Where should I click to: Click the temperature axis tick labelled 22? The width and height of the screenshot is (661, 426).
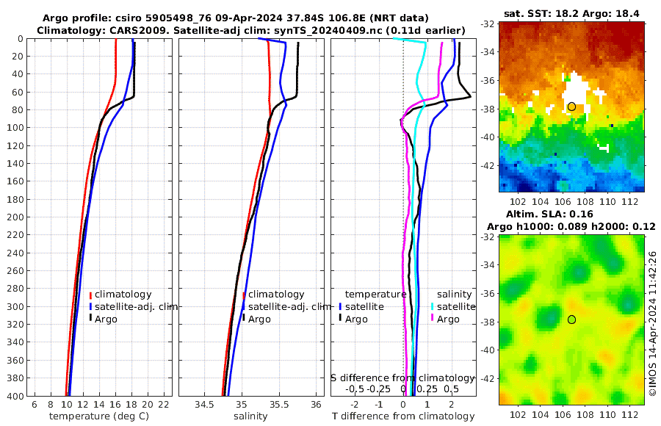(164, 405)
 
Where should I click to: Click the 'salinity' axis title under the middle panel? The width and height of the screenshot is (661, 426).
(250, 416)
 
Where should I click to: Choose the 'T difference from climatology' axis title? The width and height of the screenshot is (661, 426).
(402, 416)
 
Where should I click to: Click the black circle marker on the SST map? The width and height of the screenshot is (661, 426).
(571, 106)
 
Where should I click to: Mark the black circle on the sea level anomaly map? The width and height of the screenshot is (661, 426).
(571, 319)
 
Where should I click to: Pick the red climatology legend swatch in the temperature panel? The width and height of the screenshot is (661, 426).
(90, 295)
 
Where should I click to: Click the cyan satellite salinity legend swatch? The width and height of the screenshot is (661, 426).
(433, 306)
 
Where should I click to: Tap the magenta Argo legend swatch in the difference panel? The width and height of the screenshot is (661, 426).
(433, 319)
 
